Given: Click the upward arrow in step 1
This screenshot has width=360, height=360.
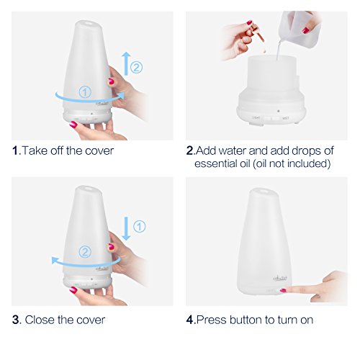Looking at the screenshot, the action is click(x=126, y=63).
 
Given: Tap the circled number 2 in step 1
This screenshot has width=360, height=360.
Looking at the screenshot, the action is click(x=136, y=68).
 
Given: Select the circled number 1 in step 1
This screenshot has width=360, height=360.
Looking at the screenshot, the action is click(x=85, y=92).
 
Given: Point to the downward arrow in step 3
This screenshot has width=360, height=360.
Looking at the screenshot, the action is click(x=126, y=228).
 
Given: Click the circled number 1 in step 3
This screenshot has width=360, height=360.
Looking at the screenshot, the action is click(x=140, y=226).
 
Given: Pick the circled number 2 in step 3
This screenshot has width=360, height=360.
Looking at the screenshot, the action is click(x=85, y=252).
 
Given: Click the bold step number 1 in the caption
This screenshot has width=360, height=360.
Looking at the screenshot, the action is click(x=15, y=151).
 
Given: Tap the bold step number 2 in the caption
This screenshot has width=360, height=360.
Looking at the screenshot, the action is click(x=189, y=151).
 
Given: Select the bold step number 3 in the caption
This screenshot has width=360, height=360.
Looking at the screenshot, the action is click(x=15, y=320).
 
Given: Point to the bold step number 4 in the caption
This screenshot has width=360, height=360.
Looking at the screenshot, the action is click(x=190, y=320).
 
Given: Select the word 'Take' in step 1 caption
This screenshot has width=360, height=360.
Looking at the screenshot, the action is click(x=35, y=151).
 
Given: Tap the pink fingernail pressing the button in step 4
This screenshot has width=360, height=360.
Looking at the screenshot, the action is click(x=283, y=290).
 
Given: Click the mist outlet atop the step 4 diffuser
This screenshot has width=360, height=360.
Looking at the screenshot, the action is click(x=264, y=192).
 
